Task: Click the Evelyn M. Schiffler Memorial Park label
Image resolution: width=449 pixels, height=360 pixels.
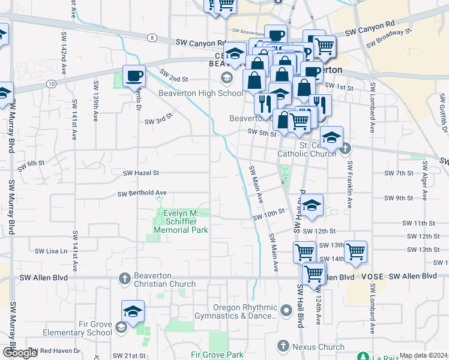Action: pos(181,222)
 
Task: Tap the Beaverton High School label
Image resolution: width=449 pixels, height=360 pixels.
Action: pos(200,93)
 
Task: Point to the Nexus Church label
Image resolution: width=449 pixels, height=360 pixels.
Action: pos(318,347)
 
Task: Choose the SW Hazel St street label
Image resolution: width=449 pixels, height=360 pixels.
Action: pos(141,173)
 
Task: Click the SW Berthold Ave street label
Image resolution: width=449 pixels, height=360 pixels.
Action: pos(142,193)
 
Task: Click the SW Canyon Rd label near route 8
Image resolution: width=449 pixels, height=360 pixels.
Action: pos(200,43)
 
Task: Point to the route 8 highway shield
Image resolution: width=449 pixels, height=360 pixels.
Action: pos(152,37)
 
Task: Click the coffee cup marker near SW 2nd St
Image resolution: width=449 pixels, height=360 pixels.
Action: pos(133,76)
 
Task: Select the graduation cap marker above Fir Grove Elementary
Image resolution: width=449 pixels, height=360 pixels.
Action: pos(133,311)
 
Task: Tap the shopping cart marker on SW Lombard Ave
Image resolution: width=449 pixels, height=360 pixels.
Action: pos(355,251)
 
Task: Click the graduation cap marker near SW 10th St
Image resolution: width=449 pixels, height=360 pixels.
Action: pos(312,206)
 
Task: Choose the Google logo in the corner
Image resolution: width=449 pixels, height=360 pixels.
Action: pos(19,353)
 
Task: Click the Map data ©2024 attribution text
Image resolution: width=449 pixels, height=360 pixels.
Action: pos(423,355)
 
